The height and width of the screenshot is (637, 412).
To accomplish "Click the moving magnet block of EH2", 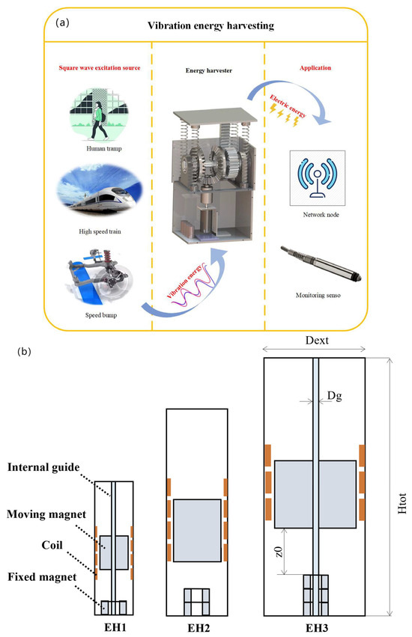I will click(197, 529).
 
